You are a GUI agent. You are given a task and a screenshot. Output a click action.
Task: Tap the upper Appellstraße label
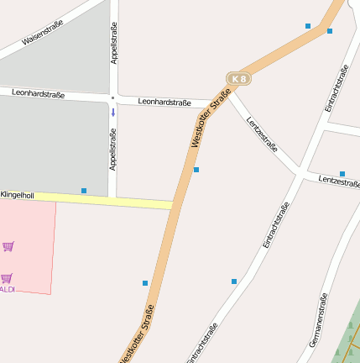click(x=114, y=45)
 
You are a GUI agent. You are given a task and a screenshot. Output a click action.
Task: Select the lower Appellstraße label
click(x=113, y=149)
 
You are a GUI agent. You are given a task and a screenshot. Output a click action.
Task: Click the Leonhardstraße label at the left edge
click(x=39, y=93)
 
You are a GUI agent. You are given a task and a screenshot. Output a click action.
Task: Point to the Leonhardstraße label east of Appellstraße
click(x=164, y=102)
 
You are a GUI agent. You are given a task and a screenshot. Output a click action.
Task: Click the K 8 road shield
click(x=239, y=79)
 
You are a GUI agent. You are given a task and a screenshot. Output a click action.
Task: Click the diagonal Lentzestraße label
click(x=263, y=133)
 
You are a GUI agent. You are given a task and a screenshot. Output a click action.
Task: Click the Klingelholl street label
click(x=17, y=195)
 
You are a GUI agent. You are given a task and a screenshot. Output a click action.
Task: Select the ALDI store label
click(x=7, y=289)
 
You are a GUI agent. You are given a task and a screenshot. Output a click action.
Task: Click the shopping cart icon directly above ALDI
click(x=7, y=277)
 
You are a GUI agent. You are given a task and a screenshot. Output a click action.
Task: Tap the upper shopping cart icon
click(x=8, y=246)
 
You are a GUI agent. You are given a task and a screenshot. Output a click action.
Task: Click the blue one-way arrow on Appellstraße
click(x=113, y=113)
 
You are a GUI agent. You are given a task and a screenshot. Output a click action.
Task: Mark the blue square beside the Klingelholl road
click(x=84, y=191)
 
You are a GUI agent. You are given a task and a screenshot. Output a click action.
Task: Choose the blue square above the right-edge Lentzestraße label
click(x=342, y=174)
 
